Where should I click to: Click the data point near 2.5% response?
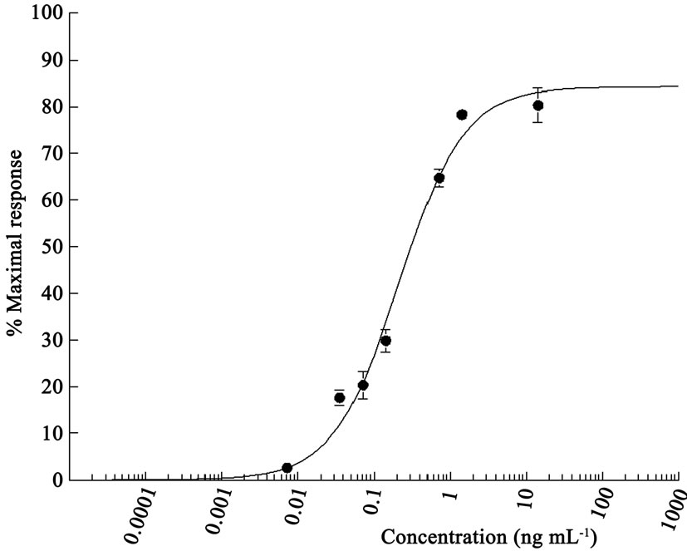[x=287, y=468]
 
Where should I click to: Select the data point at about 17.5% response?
[x=339, y=398]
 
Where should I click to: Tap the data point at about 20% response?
[x=363, y=385]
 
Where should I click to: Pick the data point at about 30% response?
[x=385, y=340]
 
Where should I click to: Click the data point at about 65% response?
[x=439, y=178]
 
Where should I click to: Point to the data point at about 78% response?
[x=462, y=115]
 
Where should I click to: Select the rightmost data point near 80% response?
[x=538, y=106]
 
